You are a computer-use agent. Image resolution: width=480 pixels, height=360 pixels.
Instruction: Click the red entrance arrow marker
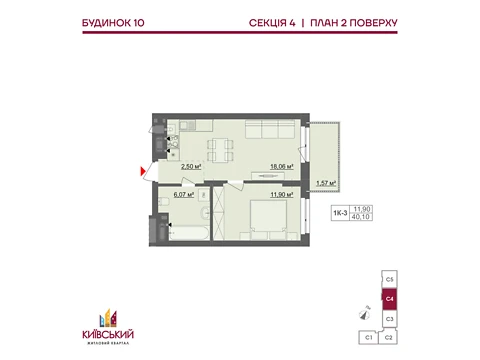(143, 172)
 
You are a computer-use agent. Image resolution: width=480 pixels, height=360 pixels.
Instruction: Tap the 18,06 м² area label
(282, 166)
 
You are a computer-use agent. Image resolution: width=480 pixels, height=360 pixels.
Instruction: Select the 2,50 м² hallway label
(191, 166)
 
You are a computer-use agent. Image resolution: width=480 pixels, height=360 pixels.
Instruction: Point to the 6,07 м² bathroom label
(184, 195)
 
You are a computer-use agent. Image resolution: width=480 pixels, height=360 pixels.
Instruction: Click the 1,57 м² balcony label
(326, 183)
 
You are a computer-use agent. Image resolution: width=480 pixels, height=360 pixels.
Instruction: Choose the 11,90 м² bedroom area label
(282, 195)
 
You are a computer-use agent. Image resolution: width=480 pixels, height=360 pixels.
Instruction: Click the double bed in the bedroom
(268, 216)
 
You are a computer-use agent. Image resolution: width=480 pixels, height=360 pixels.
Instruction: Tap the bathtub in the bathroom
(189, 233)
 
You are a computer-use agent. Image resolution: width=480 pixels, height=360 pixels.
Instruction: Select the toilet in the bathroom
(164, 202)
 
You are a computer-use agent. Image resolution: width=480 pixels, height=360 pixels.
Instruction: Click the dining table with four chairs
(220, 150)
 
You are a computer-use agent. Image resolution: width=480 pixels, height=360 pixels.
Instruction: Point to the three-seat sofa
(270, 129)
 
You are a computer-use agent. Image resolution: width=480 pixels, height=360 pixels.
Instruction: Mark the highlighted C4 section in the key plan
(389, 299)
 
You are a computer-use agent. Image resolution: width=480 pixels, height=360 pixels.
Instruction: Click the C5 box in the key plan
(389, 279)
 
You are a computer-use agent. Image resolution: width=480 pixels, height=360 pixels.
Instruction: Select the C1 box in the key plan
(368, 338)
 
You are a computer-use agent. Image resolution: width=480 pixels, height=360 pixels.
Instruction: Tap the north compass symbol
(365, 313)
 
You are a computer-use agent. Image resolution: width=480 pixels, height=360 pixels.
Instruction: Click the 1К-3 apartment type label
(340, 213)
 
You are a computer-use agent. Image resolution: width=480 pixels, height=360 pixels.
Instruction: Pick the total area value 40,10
(361, 217)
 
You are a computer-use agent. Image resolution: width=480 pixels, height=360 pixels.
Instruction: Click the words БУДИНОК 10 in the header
(113, 23)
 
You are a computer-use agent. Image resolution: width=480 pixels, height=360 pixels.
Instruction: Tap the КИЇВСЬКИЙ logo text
(108, 334)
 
